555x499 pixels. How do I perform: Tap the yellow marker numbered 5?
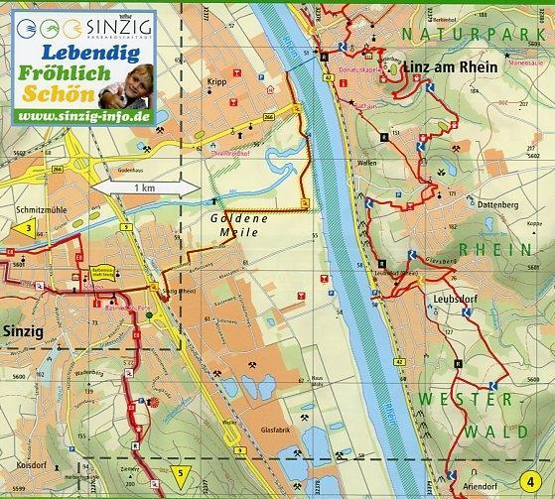[179, 471]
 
